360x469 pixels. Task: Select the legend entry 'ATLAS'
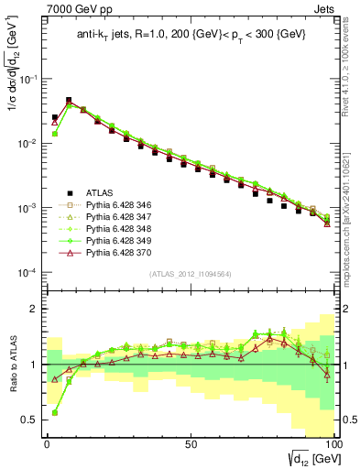point(100,192)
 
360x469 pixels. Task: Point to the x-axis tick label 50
point(190,442)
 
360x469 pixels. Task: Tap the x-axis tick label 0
point(47,442)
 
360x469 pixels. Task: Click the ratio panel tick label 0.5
point(32,420)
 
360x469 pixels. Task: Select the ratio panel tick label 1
point(37,365)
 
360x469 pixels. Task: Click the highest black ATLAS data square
point(69,100)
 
